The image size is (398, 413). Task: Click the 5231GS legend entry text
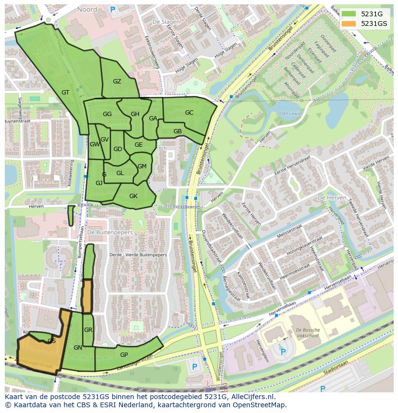(374, 24)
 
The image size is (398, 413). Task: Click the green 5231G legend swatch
(348, 14)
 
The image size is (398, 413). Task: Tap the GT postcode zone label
(66, 93)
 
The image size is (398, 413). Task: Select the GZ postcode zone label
(117, 82)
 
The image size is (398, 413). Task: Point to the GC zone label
(189, 113)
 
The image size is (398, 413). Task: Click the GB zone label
(177, 131)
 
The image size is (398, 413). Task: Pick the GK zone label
(133, 196)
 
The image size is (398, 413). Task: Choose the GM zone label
(142, 166)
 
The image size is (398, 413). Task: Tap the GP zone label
(124, 354)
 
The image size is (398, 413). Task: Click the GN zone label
(78, 347)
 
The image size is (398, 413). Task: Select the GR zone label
(88, 330)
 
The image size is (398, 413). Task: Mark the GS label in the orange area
(51, 341)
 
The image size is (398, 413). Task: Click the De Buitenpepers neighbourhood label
(110, 232)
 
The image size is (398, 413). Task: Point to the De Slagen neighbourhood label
(162, 22)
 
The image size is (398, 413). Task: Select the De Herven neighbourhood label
(329, 198)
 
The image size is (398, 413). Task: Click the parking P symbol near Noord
(112, 9)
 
